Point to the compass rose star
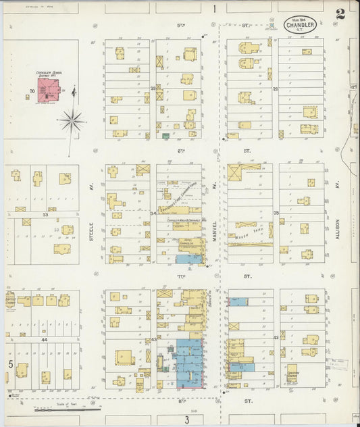coord(72,121)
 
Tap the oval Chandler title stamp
coord(298,24)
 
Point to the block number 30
coord(31,91)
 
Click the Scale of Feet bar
coord(68,408)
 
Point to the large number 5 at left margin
coord(10,364)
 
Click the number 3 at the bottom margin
coord(185,420)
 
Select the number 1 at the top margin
coord(213,9)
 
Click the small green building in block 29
coord(165,136)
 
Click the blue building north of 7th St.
coord(188,258)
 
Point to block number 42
coord(276,336)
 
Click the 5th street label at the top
coord(180,25)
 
